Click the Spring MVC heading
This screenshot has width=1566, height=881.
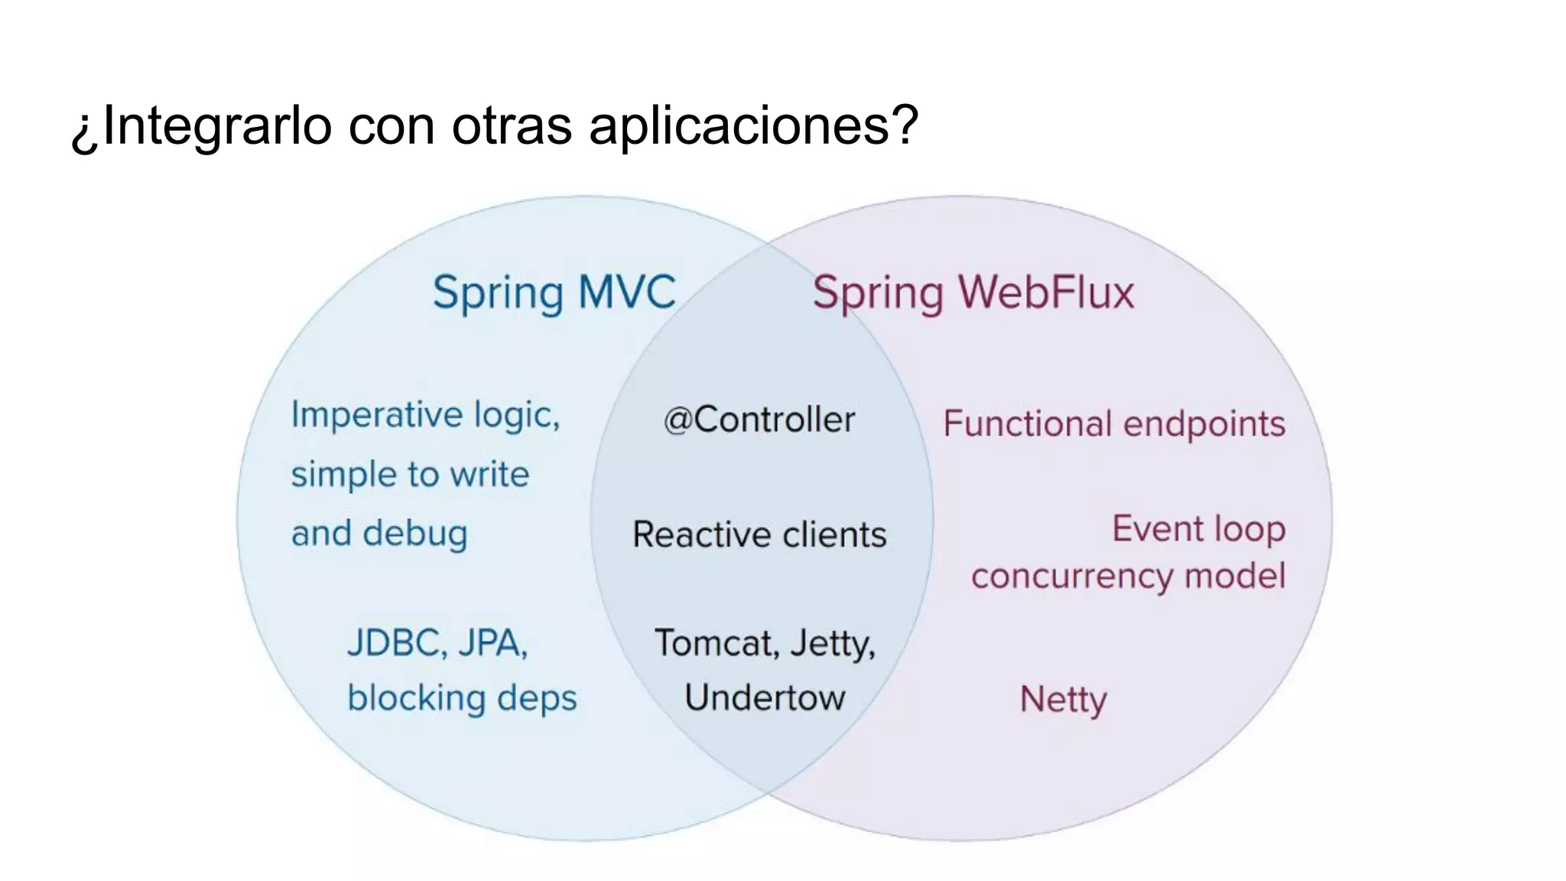click(554, 293)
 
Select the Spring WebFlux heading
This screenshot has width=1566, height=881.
click(973, 293)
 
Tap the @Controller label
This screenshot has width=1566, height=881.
click(759, 420)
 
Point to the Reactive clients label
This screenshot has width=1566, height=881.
click(759, 535)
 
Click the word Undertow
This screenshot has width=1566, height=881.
click(765, 697)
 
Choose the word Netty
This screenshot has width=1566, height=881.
click(1063, 700)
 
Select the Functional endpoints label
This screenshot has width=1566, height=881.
click(1114, 424)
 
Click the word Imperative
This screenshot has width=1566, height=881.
click(378, 416)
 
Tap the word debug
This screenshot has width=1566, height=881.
click(415, 534)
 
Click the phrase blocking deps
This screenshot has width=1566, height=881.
click(462, 698)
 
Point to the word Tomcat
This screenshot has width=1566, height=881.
click(716, 643)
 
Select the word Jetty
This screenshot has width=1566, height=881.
click(833, 643)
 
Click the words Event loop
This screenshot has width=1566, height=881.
click(1198, 529)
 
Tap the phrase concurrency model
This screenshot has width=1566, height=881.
click(1128, 577)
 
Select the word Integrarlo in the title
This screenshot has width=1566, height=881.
click(217, 125)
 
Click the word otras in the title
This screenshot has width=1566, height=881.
click(512, 125)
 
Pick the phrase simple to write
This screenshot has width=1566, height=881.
click(410, 475)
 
